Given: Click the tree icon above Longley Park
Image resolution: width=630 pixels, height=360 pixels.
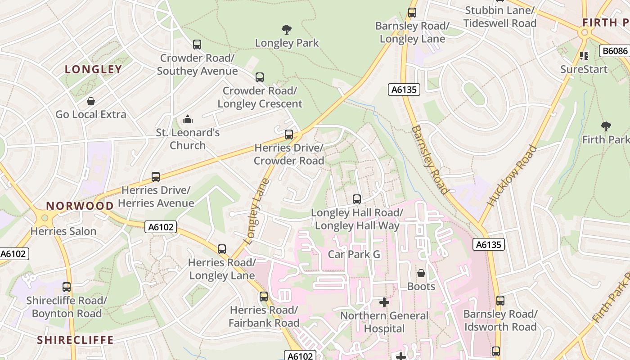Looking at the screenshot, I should [x=287, y=30].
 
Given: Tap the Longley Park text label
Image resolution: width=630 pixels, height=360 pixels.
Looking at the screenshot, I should [x=287, y=43].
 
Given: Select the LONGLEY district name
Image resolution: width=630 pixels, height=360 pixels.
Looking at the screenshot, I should [x=93, y=69].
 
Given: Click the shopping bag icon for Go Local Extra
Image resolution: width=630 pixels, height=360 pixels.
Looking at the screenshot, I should [x=91, y=101].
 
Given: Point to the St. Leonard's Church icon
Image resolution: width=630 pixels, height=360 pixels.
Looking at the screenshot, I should [x=188, y=119].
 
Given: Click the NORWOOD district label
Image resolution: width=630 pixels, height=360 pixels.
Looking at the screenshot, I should [x=80, y=206].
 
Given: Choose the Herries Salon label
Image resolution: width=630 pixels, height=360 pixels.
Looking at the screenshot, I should [x=63, y=231].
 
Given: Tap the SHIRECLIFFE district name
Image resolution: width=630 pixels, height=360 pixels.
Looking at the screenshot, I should [x=75, y=340].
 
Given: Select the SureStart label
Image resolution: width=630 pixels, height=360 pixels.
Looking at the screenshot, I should [x=584, y=69].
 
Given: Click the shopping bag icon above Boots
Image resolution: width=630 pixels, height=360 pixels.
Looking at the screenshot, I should [x=421, y=273].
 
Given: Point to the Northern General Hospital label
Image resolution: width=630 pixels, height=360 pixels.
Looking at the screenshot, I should [x=384, y=322].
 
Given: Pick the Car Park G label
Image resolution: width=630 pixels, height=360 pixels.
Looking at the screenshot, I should [x=354, y=254].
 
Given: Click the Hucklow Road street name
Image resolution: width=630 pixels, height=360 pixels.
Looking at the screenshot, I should [x=512, y=175].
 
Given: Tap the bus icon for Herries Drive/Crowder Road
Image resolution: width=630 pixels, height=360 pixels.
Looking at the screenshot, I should [x=289, y=135].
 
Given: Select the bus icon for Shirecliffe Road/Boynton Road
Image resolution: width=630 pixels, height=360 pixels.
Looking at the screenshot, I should [x=67, y=287].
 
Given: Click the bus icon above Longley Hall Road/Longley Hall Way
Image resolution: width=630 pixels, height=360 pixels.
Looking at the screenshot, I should [x=357, y=199].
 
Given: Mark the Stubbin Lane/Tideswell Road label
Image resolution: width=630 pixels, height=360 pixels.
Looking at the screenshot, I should [x=500, y=17].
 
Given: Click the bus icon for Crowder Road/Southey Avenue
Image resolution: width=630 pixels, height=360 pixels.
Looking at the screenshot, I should [x=197, y=45].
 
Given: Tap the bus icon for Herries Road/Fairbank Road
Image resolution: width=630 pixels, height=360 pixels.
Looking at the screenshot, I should [x=264, y=297].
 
